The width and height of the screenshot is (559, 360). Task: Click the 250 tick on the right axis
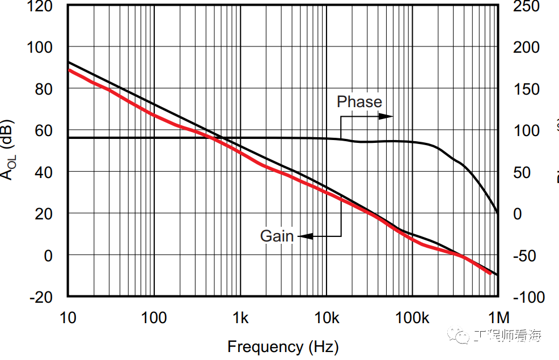(x=526, y=7)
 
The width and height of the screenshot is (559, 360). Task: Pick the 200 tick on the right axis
(x=526, y=47)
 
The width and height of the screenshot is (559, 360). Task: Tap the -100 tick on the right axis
(x=529, y=297)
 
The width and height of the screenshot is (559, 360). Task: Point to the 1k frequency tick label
(x=240, y=318)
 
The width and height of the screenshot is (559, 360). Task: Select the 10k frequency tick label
(x=326, y=318)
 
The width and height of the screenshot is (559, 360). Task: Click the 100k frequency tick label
(x=412, y=318)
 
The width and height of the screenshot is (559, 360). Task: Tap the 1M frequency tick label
(x=498, y=318)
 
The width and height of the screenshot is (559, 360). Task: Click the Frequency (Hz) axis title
(x=283, y=346)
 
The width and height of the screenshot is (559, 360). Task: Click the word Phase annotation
(x=359, y=102)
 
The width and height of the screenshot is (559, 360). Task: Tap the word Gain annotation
(x=277, y=236)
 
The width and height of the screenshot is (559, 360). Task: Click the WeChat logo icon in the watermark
(x=460, y=336)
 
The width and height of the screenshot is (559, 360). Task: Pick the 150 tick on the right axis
(x=526, y=89)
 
